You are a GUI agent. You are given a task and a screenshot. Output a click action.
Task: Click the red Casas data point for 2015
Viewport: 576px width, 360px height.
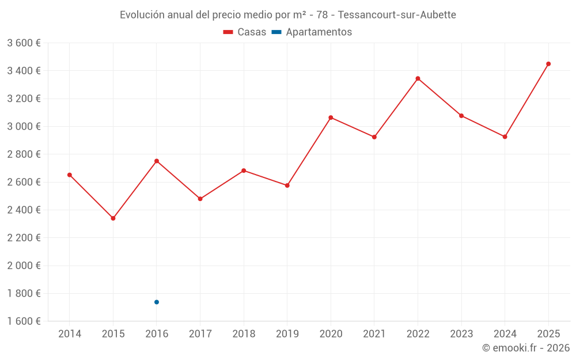pos(113,218)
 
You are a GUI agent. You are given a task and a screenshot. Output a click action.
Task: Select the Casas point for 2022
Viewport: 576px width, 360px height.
pos(418,78)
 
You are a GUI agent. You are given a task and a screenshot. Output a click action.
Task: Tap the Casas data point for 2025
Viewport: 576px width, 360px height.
pos(548,64)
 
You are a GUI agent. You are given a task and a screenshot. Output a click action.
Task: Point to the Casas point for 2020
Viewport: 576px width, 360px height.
pos(331,118)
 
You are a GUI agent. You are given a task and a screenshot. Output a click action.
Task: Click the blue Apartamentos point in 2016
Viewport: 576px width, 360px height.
pos(157,302)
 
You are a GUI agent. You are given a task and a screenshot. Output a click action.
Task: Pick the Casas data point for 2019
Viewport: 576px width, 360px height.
pos(287,185)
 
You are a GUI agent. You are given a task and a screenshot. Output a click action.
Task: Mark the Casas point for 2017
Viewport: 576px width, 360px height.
pos(200,199)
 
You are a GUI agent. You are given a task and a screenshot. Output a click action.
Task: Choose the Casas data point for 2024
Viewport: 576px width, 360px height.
pos(505,137)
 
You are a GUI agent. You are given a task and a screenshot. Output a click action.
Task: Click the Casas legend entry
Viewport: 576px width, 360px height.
pos(245,32)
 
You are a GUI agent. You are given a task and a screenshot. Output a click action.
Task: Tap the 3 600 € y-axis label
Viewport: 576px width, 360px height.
pos(24,43)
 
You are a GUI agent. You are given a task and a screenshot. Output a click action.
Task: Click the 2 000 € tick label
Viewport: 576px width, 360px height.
pos(24,266)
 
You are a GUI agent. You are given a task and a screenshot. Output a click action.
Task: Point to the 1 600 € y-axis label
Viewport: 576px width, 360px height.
pos(24,321)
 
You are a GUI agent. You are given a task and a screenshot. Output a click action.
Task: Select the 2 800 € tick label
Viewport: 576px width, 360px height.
pos(24,154)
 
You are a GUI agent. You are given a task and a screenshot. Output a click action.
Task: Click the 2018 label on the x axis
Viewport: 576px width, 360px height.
pos(244,334)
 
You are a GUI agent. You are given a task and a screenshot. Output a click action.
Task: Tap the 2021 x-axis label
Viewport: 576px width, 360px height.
pos(374,334)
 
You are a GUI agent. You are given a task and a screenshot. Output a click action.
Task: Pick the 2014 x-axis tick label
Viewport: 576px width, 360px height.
pos(70,334)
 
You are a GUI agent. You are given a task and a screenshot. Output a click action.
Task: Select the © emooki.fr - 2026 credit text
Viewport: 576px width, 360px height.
pos(525,348)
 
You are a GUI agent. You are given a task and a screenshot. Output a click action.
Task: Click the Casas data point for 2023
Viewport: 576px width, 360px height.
pos(461,116)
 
